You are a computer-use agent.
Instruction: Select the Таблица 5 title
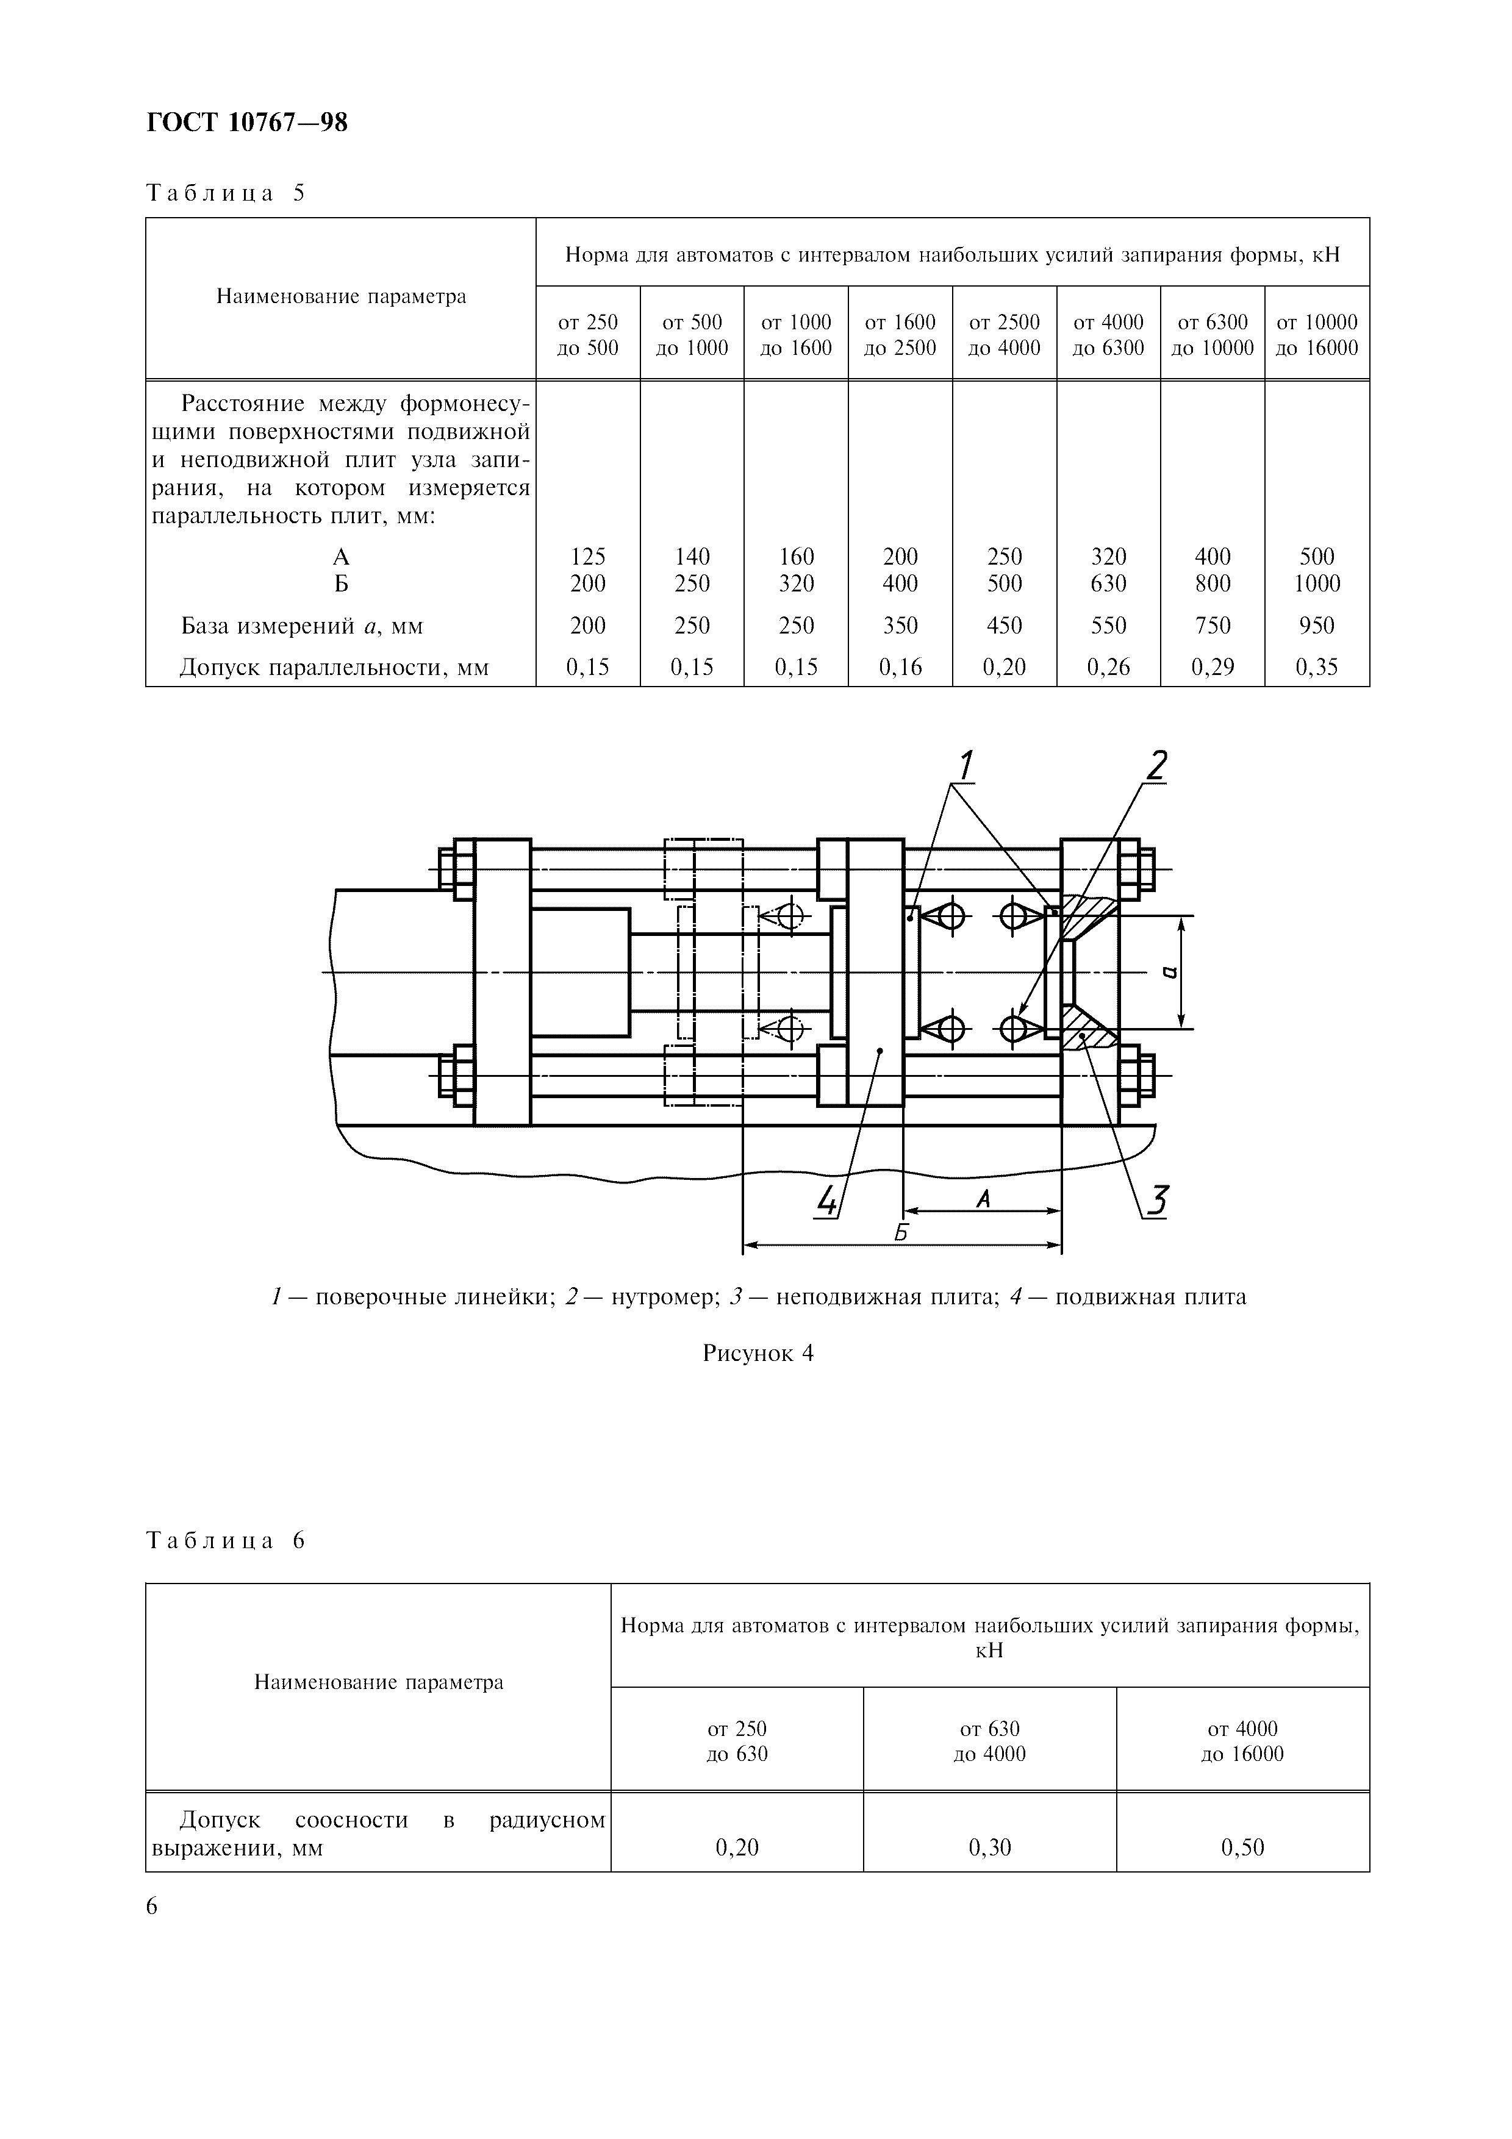[226, 194]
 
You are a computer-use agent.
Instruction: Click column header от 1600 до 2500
[900, 335]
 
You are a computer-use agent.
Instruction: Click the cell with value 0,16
[900, 667]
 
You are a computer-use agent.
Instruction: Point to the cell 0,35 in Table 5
[1316, 667]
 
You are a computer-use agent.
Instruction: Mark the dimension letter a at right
[1170, 973]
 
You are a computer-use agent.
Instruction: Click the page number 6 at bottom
[152, 1907]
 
